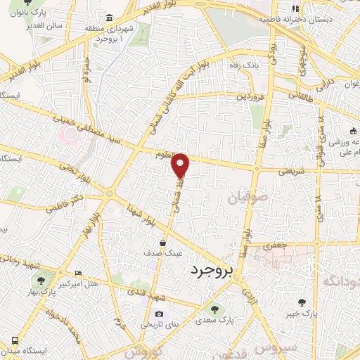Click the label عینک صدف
click(x=163, y=252)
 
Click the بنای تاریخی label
click(x=159, y=326)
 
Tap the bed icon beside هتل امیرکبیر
click(x=77, y=273)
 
